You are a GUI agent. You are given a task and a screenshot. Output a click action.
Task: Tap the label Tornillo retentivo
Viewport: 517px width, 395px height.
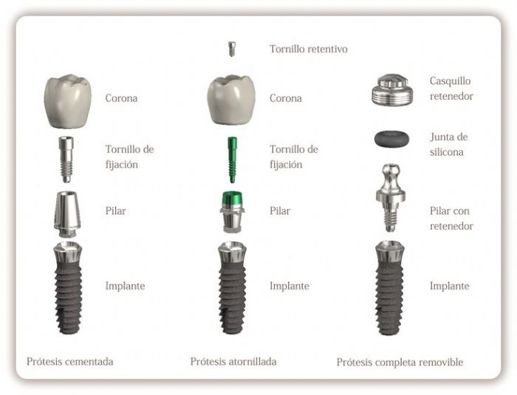point(308,49)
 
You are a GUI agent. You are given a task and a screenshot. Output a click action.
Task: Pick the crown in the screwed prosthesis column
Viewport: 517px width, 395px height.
point(230,99)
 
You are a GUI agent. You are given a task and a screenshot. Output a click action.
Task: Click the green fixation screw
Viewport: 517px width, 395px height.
point(231,159)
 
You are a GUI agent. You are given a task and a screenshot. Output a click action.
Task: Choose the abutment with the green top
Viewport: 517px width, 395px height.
point(232,212)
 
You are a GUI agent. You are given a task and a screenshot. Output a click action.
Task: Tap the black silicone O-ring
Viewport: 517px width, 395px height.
point(391,138)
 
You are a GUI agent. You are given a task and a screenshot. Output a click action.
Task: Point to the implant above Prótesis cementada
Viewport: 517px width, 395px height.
point(68,286)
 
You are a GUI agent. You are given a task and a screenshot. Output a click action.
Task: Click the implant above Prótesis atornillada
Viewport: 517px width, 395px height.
point(231,286)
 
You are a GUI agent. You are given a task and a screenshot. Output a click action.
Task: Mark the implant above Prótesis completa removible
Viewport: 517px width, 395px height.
point(390,286)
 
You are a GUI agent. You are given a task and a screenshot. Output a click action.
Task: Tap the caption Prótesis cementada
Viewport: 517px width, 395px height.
point(70,362)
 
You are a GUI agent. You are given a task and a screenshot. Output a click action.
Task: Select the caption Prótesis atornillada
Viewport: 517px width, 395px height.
point(233,362)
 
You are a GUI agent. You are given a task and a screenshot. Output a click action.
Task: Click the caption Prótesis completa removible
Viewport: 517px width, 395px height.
point(400,363)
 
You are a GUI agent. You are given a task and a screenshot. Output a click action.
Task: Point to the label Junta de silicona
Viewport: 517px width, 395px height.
point(448,145)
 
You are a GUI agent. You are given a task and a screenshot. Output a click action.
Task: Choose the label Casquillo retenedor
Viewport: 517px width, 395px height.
point(451,89)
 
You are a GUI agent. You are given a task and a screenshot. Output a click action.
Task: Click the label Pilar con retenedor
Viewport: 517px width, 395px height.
point(451,219)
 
